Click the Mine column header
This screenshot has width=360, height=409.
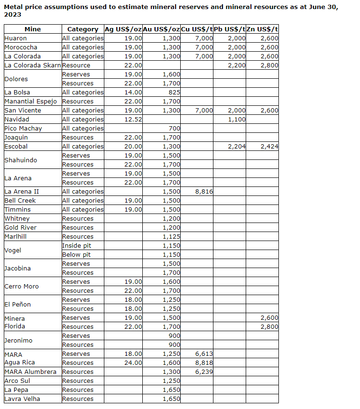[32, 29]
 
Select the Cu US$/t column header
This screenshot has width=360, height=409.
[197, 29]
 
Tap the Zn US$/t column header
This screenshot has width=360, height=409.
[262, 29]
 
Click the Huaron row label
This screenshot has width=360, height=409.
[16, 38]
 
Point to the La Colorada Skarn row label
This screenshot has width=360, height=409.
[33, 65]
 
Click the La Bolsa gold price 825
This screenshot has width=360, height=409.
[174, 93]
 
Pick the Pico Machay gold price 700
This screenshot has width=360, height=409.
[174, 129]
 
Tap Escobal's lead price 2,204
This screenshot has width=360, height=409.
[236, 147]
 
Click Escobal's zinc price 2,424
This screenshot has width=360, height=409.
[269, 147]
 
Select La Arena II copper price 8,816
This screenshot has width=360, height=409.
[203, 192]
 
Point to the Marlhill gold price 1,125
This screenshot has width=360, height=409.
[171, 237]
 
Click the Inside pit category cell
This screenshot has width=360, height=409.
[76, 246]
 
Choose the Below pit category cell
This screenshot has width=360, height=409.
[76, 255]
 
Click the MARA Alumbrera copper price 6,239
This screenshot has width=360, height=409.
[203, 372]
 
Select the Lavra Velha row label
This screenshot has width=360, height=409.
[22, 399]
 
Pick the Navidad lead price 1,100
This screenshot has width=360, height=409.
[236, 120]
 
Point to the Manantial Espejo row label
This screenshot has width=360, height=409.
[30, 102]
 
